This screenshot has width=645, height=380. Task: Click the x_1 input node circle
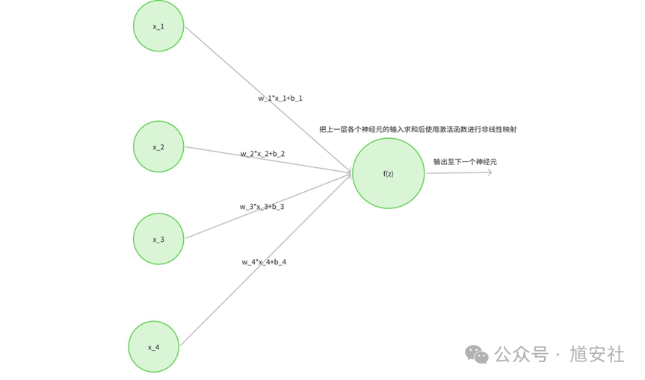pos(158,26)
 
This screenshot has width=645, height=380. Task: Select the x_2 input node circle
pos(158,147)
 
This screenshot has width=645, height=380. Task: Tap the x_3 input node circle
pos(158,239)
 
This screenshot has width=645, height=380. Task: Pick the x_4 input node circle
pos(153,346)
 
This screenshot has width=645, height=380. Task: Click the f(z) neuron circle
pos(388,173)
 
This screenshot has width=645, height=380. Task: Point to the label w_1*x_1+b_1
pos(280,98)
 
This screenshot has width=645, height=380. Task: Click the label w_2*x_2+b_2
pos(262,154)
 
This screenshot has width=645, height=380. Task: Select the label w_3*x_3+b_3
pos(262,207)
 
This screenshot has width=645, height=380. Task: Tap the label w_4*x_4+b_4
pos(264,262)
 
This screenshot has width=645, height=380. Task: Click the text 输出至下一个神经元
pos(465,161)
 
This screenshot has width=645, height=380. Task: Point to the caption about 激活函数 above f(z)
pos(418,129)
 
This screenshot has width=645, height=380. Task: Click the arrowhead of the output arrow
pos(490,172)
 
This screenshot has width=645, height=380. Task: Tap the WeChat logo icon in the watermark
pos(476,354)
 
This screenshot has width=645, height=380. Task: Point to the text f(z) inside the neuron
pos(388,174)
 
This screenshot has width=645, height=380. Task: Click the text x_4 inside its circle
pos(153,347)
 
